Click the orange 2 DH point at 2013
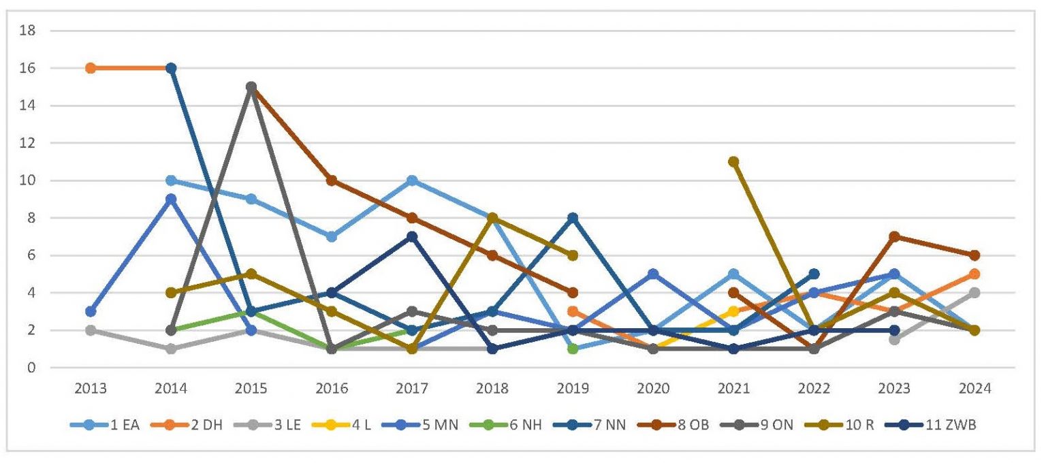(x=91, y=68)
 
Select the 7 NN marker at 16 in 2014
(x=171, y=68)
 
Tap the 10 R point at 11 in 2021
(x=733, y=162)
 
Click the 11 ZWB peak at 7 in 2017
(x=412, y=237)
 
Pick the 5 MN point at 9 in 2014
(x=171, y=199)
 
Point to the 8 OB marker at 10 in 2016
(x=332, y=180)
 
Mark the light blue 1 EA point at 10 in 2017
(x=412, y=180)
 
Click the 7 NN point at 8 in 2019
(x=573, y=218)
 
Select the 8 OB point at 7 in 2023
(x=894, y=237)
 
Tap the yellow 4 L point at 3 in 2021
(x=733, y=312)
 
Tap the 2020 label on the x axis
(x=653, y=389)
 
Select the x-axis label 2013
(x=91, y=389)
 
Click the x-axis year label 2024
(x=974, y=389)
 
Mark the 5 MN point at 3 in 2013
(x=91, y=312)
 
